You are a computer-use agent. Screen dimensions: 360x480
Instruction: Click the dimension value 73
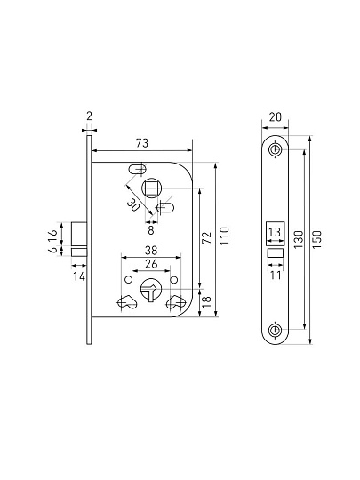tap(142, 143)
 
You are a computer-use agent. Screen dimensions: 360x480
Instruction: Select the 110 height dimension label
tap(225, 236)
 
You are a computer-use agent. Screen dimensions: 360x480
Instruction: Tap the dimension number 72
tap(207, 237)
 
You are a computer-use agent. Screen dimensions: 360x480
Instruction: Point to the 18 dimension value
tap(207, 301)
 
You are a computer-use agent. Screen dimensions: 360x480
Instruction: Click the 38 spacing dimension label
tap(151, 251)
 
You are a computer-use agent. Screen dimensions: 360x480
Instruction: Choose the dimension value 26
tap(151, 264)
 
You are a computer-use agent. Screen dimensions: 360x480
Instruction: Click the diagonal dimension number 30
tap(133, 204)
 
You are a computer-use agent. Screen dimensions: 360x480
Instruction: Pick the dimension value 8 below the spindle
tap(150, 230)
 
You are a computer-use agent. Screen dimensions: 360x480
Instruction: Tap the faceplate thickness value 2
tap(89, 116)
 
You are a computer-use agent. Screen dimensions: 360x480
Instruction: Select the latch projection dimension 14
tap(79, 276)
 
